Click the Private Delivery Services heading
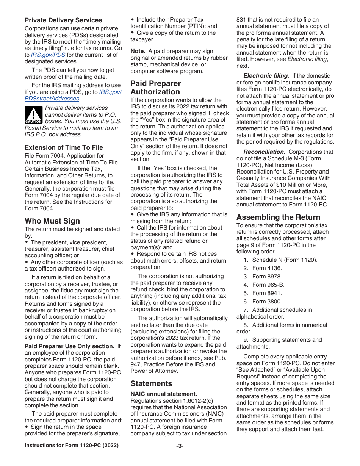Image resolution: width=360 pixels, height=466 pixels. click(63, 20)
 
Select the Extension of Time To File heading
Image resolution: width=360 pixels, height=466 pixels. click(64, 147)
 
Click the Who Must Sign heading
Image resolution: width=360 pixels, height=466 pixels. click(52, 220)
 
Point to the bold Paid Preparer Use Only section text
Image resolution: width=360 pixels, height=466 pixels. click(69, 346)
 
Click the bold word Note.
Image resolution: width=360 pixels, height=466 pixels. click(138, 51)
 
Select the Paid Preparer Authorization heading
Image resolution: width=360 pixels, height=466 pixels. click(155, 88)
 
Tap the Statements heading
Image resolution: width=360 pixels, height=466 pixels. click(151, 383)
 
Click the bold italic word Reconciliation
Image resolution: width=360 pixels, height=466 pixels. click(264, 152)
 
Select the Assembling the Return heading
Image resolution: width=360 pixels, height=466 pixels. click(278, 217)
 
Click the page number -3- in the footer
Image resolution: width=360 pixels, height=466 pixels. click(180, 446)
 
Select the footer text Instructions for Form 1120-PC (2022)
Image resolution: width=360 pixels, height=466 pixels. click(71, 446)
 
